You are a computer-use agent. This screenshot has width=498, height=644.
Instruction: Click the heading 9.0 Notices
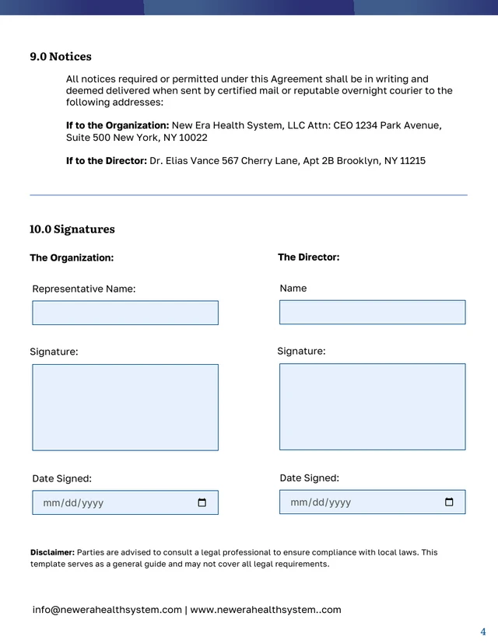coord(61,57)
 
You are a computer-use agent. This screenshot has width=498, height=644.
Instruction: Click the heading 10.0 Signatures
coord(72,229)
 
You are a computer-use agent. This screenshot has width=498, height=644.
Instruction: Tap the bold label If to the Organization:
coord(117,125)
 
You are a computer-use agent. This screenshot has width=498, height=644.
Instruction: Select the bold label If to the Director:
coord(107,161)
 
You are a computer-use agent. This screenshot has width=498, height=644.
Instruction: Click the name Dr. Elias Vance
coord(184,161)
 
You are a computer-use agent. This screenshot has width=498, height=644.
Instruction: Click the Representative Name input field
coord(125,313)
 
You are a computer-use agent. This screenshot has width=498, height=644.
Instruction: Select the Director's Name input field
coord(372,312)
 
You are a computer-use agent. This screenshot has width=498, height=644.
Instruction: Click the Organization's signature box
coord(125,408)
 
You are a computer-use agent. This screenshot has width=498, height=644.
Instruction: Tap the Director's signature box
coord(372,407)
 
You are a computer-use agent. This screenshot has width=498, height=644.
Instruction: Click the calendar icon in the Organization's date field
coord(202,502)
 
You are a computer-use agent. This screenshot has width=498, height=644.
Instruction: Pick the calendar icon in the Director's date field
coord(449,502)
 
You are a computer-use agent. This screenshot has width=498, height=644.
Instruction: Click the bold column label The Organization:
coord(72,257)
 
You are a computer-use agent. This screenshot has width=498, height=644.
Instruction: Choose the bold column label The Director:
coord(308,257)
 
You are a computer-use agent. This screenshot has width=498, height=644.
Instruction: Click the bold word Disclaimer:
coord(52,552)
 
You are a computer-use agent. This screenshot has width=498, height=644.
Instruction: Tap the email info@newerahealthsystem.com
coord(107,610)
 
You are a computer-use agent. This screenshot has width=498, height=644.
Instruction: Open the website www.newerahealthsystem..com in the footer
coord(265,610)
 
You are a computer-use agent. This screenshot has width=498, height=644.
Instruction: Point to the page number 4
coord(483,632)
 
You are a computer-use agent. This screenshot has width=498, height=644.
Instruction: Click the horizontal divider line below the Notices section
coord(248,195)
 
